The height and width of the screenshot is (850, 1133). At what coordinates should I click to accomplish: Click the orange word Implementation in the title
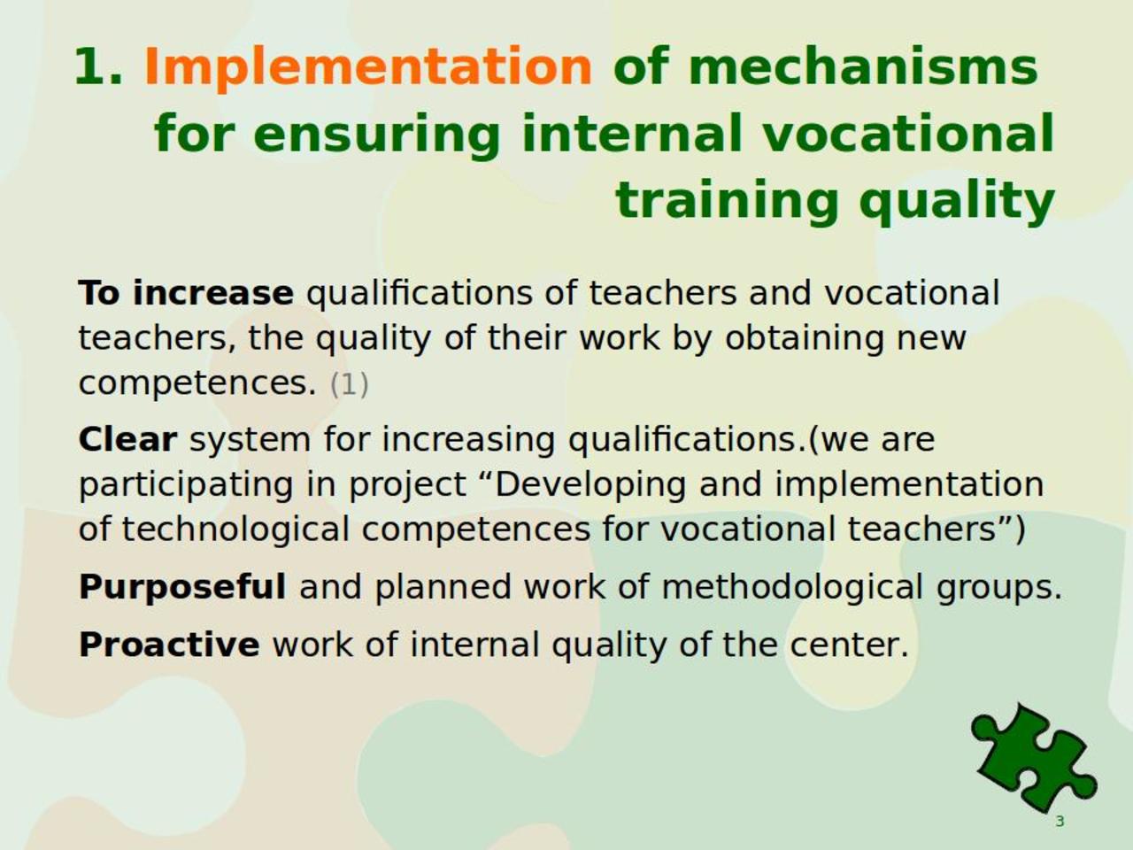point(368,67)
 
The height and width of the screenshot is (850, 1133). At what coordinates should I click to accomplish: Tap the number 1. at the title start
point(98,66)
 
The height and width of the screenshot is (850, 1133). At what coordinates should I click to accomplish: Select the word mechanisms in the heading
point(862,66)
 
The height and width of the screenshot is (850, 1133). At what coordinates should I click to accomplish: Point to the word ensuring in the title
point(377,135)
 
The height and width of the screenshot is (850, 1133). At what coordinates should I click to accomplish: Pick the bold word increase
point(213,292)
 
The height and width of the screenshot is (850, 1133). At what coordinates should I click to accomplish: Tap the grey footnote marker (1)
point(350,384)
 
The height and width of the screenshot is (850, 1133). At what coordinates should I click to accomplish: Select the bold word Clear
point(127,439)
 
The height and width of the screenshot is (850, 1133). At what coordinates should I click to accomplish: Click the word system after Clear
point(250,441)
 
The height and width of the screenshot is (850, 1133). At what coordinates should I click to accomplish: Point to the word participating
point(186,486)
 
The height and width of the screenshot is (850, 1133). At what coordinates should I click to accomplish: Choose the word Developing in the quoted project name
point(590,486)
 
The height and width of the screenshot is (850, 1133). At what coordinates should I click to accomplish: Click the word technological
point(235,531)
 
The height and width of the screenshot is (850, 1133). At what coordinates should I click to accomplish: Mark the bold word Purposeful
point(182,587)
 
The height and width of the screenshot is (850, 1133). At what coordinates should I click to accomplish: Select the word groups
point(999,590)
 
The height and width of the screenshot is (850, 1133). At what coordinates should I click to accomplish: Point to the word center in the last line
point(849,646)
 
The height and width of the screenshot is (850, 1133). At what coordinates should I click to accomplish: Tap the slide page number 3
point(1060,821)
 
